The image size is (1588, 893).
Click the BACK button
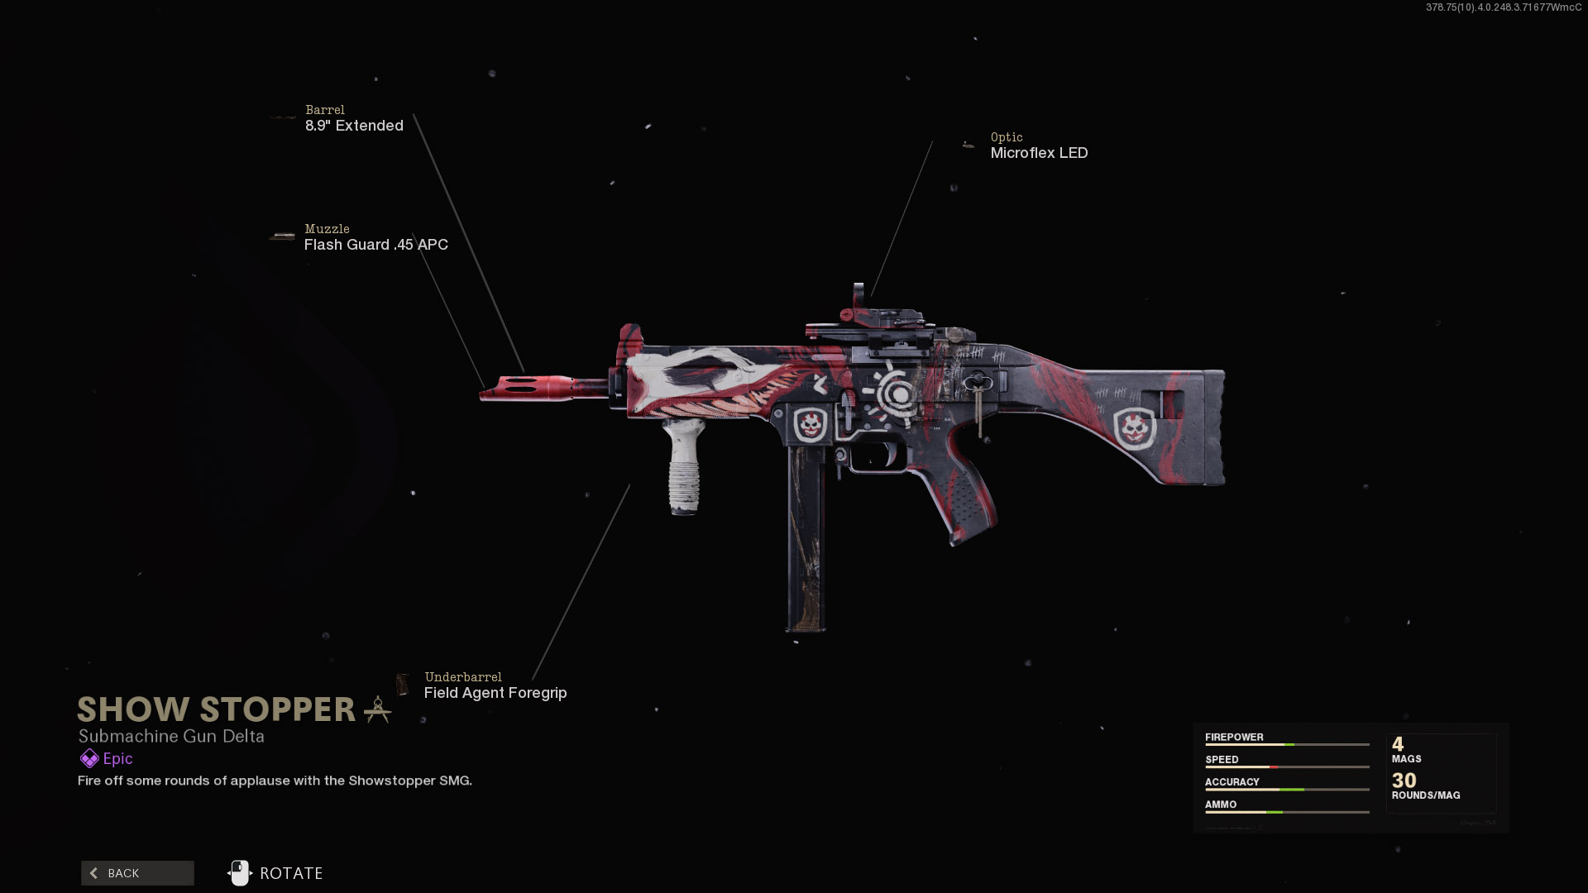point(137,873)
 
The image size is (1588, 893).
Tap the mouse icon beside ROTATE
point(239,872)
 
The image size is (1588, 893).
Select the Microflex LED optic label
point(1039,153)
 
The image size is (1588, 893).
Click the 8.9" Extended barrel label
point(354,126)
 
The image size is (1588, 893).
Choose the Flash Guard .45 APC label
point(376,245)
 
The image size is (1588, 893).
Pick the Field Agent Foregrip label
point(495,693)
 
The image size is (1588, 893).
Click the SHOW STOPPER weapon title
point(216,709)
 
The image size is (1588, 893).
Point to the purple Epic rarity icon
point(89,758)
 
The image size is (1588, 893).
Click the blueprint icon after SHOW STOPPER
point(377,709)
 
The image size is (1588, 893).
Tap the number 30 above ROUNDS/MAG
point(1404,780)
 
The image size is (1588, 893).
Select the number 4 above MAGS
point(1398,744)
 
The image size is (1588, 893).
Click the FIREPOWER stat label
point(1234,737)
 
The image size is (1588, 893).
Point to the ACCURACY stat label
point(1232,781)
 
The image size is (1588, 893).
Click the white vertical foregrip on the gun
point(684,467)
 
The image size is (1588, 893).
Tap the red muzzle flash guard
point(527,388)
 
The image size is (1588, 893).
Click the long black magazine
point(806,538)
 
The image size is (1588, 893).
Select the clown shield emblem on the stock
point(1135,428)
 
